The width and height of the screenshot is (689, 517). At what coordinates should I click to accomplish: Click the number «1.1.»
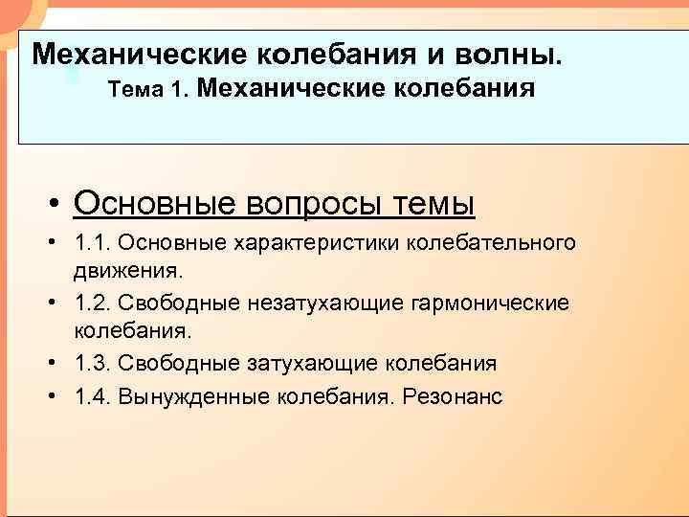(x=92, y=243)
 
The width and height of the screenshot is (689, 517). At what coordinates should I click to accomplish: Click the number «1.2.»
(x=93, y=303)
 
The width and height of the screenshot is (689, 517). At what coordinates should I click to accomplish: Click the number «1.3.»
(x=93, y=364)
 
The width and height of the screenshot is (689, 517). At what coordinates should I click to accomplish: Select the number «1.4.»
(x=93, y=396)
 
